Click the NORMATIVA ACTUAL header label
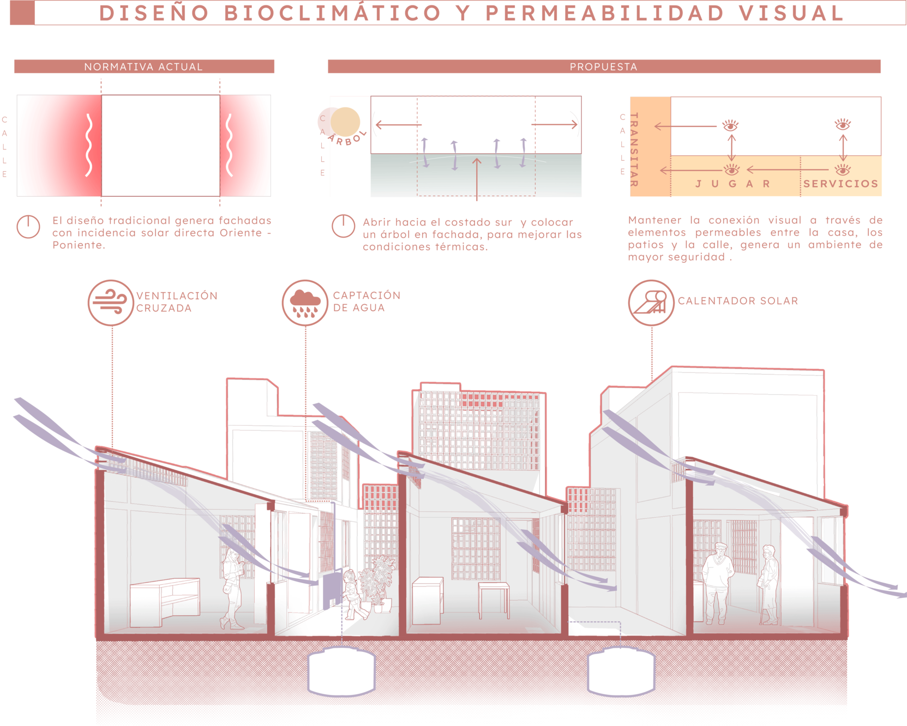click(x=143, y=67)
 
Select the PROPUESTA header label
click(x=603, y=67)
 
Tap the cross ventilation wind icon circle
click(x=111, y=302)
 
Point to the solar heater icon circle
click(x=651, y=302)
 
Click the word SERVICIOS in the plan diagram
click(x=840, y=184)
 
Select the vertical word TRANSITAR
click(x=634, y=150)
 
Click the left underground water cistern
click(x=341, y=671)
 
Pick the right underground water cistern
click(x=621, y=671)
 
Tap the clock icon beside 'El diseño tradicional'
click(x=28, y=226)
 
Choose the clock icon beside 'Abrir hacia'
click(x=343, y=226)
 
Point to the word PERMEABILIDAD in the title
click(x=605, y=14)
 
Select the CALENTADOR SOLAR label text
click(x=738, y=301)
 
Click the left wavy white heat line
click(x=89, y=145)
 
